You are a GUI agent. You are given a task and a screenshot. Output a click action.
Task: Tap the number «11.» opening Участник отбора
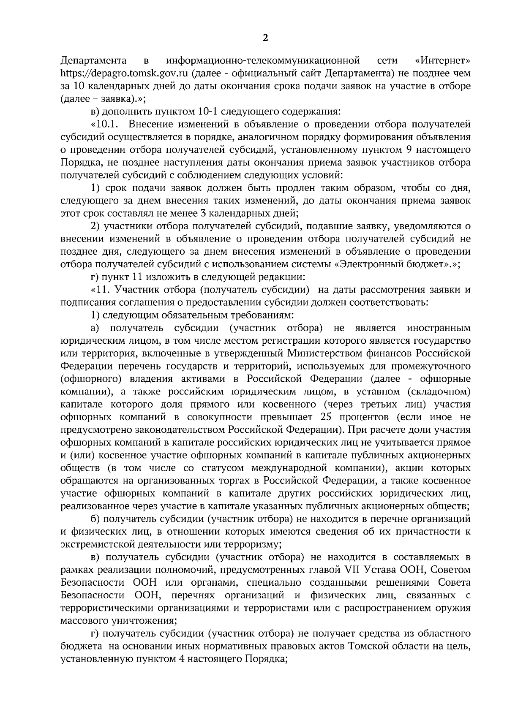[99, 290]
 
